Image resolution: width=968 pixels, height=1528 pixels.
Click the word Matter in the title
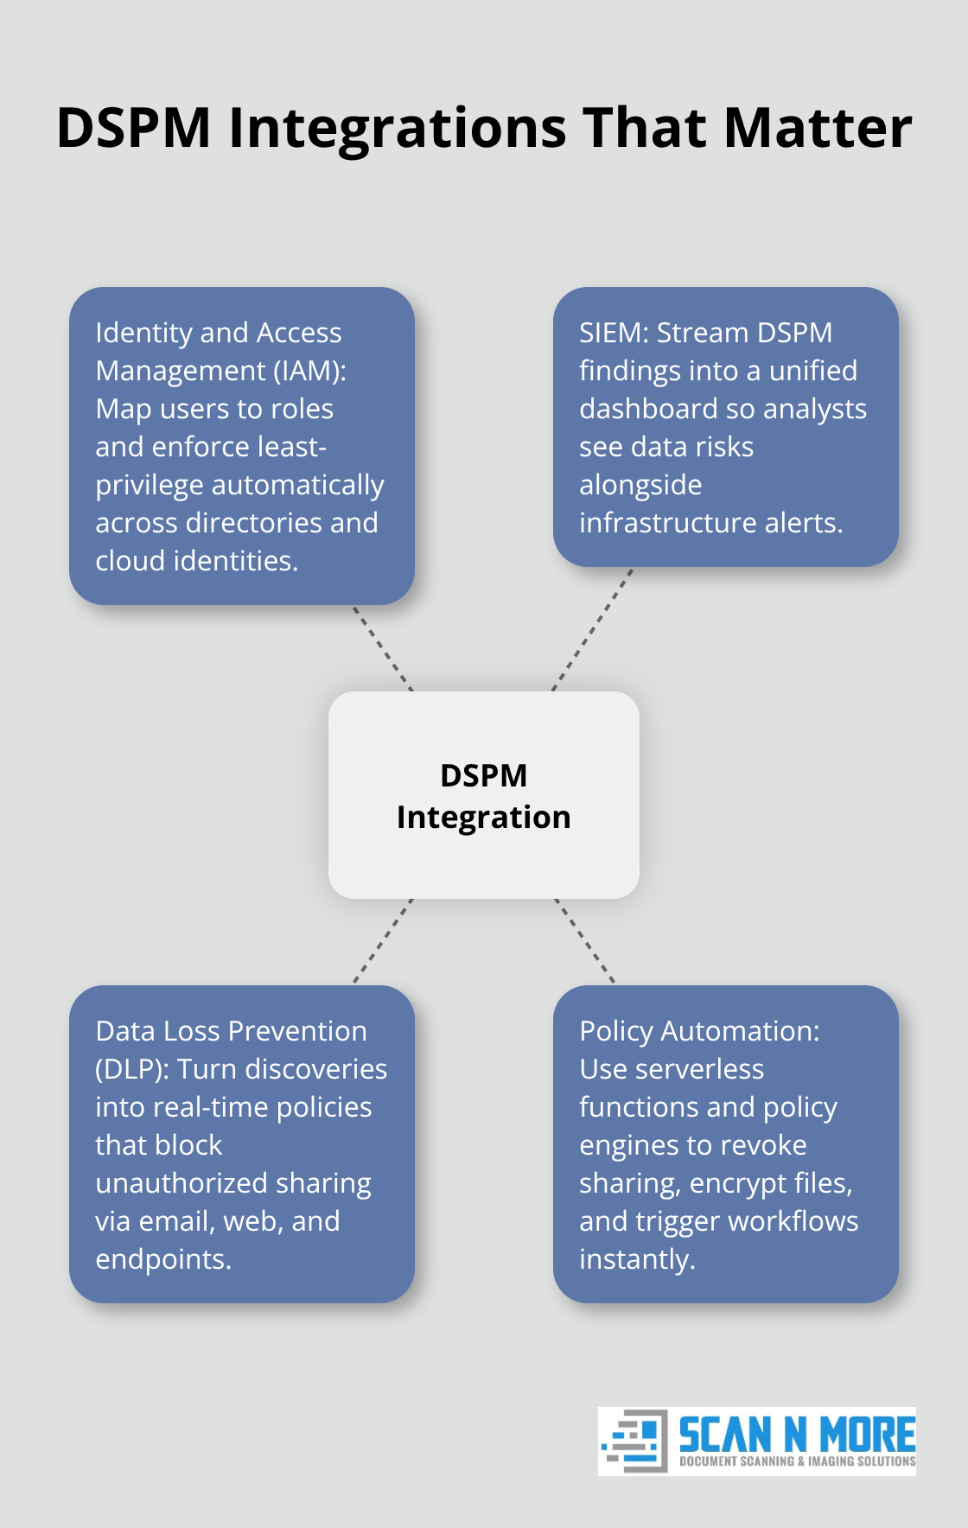(x=818, y=128)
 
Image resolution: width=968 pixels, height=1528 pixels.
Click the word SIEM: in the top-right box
(x=614, y=333)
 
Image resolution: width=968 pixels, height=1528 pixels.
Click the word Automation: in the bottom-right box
(x=740, y=1031)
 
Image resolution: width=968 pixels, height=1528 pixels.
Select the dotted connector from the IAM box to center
(x=383, y=648)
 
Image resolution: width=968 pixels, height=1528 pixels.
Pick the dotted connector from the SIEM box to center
(x=592, y=629)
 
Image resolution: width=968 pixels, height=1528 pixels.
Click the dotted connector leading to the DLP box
(x=383, y=941)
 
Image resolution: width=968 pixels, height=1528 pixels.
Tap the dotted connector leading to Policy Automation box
(x=585, y=941)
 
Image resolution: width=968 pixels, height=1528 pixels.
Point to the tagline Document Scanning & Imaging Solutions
(x=797, y=1461)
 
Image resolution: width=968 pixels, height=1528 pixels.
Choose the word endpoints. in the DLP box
(x=163, y=1259)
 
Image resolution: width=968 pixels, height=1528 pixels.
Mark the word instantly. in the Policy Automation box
(x=637, y=1259)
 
